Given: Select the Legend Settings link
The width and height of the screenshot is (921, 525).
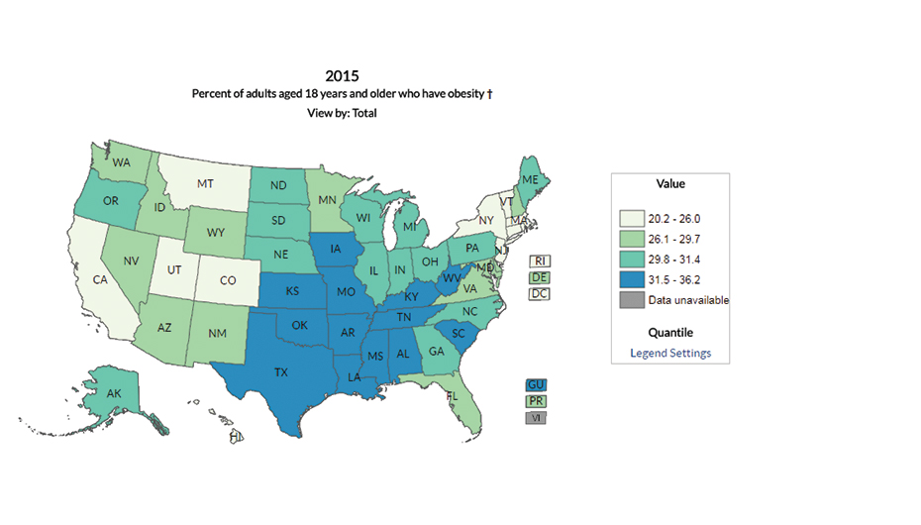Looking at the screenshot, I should pyautogui.click(x=670, y=354).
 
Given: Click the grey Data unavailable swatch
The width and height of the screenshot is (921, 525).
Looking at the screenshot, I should pyautogui.click(x=632, y=300).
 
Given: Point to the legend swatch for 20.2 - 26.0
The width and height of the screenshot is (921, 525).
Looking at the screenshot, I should pyautogui.click(x=632, y=218).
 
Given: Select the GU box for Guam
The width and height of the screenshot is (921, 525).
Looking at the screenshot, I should pyautogui.click(x=537, y=384).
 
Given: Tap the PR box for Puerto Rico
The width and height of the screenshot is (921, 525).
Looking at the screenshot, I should pyautogui.click(x=537, y=401).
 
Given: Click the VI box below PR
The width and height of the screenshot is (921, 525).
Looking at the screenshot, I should pyautogui.click(x=537, y=418).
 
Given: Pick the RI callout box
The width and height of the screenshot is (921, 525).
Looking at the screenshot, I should pyautogui.click(x=540, y=262).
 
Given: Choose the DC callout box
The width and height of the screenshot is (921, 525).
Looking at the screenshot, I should pyautogui.click(x=540, y=294).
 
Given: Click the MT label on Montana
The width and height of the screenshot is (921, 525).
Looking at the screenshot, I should pyautogui.click(x=205, y=184).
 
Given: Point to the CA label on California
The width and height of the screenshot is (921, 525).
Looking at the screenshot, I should pyautogui.click(x=100, y=280).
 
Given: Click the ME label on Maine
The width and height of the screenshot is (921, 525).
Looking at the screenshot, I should pyautogui.click(x=531, y=179).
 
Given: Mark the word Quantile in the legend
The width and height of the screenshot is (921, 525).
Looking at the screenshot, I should pyautogui.click(x=670, y=333).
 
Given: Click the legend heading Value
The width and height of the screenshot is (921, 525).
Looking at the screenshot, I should pyautogui.click(x=670, y=184).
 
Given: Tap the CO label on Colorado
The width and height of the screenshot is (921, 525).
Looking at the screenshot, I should pyautogui.click(x=228, y=280).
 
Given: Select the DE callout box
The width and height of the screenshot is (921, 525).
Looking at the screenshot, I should pyautogui.click(x=540, y=278).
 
